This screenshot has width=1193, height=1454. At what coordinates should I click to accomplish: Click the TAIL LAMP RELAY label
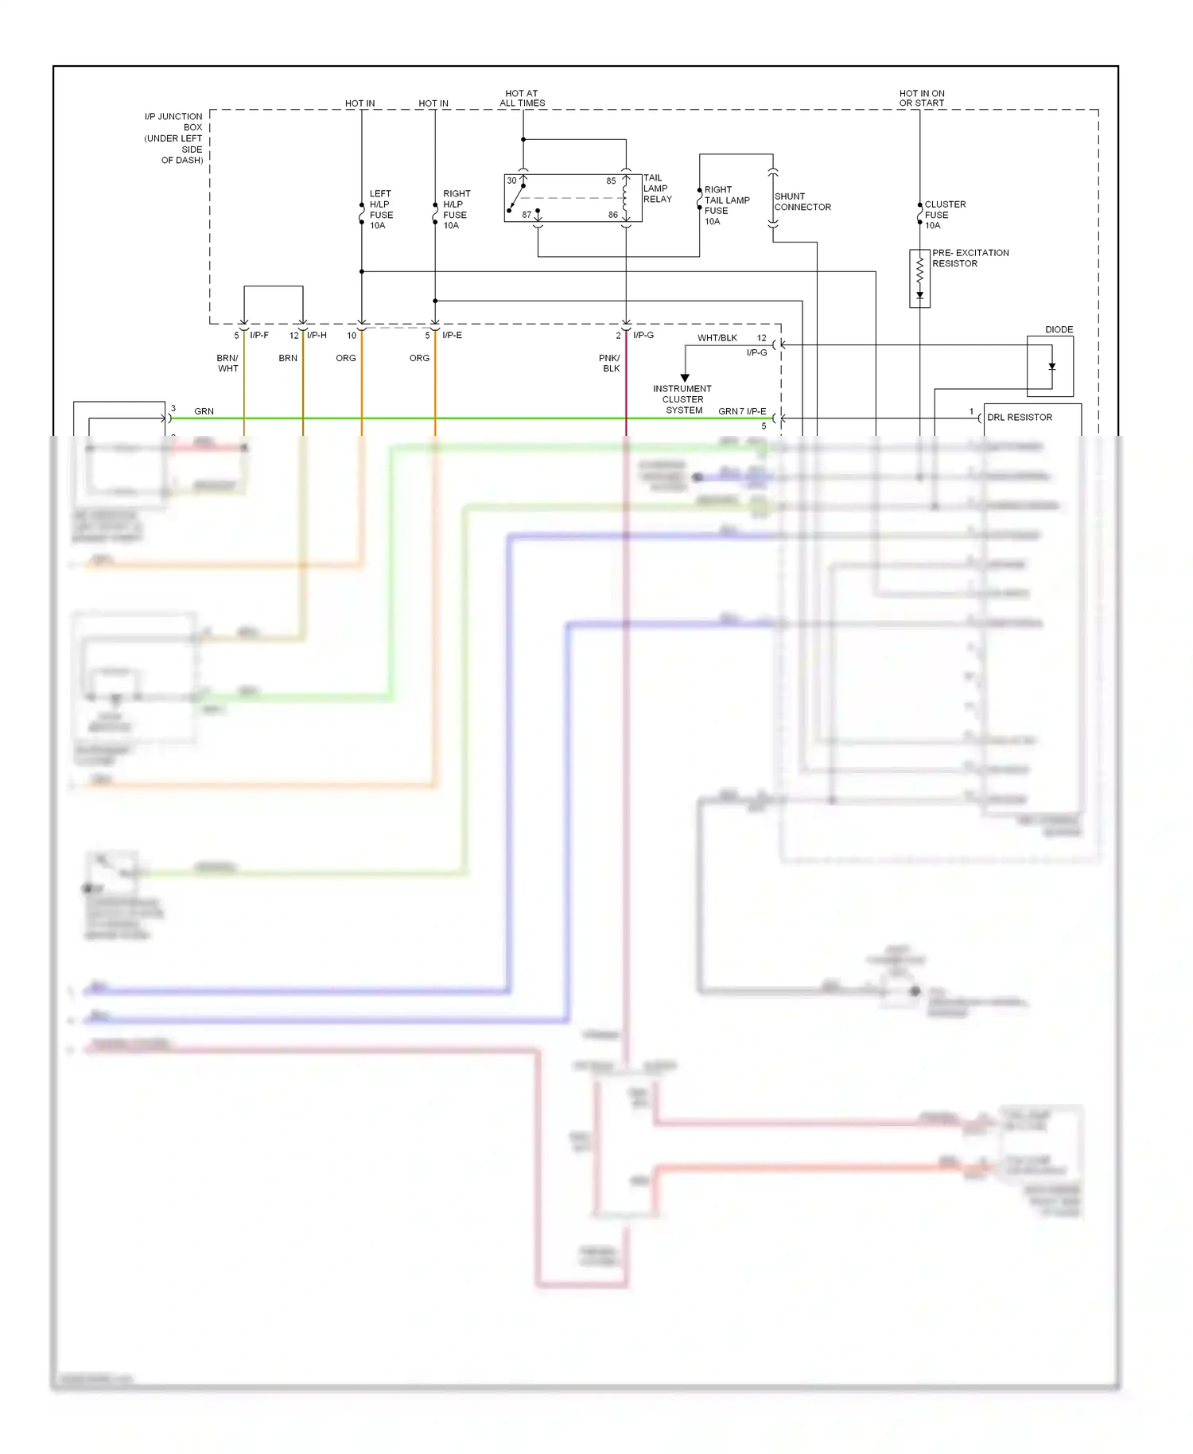click(657, 189)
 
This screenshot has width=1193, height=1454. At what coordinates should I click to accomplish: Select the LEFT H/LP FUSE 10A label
click(381, 209)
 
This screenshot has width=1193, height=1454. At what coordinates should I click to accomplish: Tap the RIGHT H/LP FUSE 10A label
click(456, 209)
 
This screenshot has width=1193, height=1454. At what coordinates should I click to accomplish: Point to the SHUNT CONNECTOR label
click(802, 201)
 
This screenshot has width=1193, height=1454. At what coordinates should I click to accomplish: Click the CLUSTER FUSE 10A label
click(944, 215)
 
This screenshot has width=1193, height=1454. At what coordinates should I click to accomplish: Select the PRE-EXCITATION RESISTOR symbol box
click(919, 278)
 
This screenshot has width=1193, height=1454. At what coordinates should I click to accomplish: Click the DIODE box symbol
click(1050, 366)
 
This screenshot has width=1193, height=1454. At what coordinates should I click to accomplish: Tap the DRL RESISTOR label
click(1019, 418)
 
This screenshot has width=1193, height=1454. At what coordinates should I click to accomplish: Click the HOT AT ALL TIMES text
click(522, 98)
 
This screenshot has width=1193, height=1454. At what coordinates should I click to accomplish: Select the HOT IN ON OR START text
click(922, 98)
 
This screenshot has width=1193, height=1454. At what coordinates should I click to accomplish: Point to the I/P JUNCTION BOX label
click(174, 138)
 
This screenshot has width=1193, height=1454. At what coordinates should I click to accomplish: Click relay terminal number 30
click(511, 181)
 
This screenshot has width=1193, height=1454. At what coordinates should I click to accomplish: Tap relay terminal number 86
click(612, 215)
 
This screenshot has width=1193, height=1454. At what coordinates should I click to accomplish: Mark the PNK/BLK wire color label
click(610, 363)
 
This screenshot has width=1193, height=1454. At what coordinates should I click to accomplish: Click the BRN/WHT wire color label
click(227, 363)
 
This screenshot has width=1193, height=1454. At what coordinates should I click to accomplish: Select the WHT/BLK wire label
click(717, 338)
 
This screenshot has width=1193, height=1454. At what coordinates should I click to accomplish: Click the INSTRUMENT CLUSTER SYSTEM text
click(682, 399)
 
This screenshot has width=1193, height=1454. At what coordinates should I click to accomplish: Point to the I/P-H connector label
click(317, 335)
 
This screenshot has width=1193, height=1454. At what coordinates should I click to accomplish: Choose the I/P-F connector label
click(259, 335)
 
